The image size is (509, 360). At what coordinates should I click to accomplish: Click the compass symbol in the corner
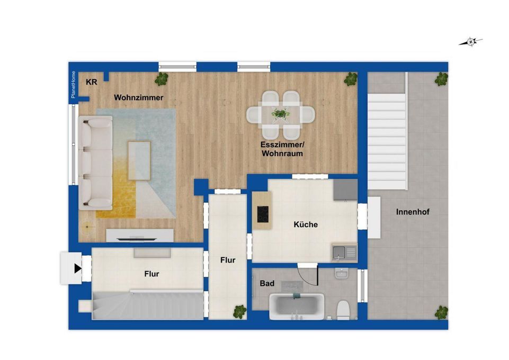click(471, 41)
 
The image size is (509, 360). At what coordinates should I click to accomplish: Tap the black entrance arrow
click(77, 268)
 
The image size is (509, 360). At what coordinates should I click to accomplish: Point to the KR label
click(92, 82)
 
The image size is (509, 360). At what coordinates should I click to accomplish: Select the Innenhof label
click(413, 212)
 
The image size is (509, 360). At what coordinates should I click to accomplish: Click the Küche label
click(306, 224)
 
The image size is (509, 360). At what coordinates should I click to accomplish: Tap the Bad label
click(267, 284)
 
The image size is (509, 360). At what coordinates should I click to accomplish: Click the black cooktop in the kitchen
click(262, 214)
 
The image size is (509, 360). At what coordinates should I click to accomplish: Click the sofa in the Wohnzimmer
click(95, 163)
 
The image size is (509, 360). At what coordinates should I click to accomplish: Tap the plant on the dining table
click(280, 113)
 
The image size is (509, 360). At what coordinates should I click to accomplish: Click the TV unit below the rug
click(140, 235)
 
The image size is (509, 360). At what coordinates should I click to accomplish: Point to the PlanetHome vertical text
click(74, 85)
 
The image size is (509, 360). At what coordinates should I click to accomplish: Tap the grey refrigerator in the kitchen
click(345, 189)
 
